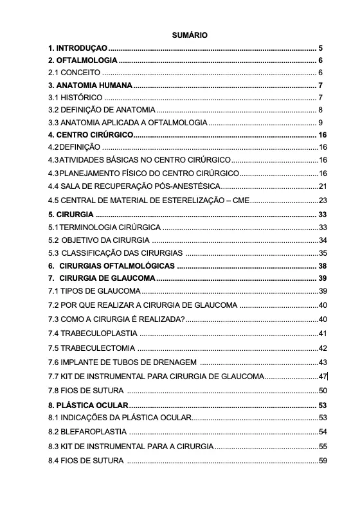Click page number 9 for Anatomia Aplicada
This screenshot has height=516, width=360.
click(320, 122)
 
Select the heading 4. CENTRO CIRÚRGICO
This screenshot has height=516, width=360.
click(90, 135)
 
